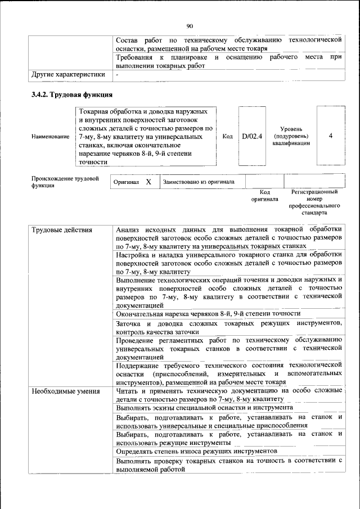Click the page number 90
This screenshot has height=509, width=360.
190,25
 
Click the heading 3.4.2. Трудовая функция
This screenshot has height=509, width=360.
72,94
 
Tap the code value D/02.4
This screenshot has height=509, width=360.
252,136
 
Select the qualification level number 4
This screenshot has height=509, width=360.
331,136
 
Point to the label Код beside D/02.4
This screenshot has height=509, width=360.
227,136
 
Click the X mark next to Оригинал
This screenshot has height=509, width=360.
148,182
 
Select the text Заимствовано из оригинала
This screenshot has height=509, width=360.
195,182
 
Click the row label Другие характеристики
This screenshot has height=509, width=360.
68,74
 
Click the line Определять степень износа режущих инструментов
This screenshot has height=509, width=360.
196,451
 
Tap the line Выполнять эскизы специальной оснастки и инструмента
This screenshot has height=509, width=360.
204,407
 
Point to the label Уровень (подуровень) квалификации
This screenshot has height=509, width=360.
291,136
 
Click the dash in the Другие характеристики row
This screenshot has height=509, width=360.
117,74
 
